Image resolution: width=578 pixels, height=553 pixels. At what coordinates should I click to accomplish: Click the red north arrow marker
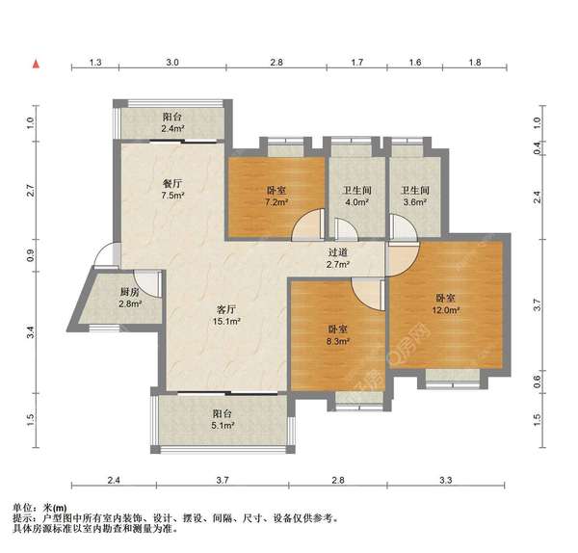click(36, 65)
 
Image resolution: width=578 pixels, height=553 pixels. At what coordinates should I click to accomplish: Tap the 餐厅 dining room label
click(172, 184)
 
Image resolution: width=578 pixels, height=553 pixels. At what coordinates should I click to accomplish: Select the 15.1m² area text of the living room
click(226, 322)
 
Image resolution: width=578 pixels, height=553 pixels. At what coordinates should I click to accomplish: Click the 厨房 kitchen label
click(130, 292)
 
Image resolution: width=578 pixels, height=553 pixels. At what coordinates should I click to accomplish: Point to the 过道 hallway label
click(338, 252)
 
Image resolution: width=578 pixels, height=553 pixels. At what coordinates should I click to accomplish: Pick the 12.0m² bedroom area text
click(446, 310)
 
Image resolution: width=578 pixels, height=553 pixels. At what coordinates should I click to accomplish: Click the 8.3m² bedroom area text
click(338, 341)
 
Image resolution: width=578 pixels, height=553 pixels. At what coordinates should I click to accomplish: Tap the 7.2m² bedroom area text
click(276, 202)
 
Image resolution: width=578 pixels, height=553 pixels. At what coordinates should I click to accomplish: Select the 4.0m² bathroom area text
click(356, 202)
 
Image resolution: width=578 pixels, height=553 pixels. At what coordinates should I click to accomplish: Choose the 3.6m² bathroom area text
click(415, 202)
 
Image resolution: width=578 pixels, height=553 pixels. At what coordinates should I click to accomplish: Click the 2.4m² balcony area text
click(172, 129)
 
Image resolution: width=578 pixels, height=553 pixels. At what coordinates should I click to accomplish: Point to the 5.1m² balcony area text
click(223, 426)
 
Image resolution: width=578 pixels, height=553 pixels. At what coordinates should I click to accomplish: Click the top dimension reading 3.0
click(172, 63)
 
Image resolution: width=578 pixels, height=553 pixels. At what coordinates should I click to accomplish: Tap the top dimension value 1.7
click(356, 63)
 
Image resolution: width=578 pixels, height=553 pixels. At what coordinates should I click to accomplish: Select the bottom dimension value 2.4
click(114, 481)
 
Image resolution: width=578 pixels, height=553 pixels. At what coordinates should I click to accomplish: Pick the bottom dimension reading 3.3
click(446, 481)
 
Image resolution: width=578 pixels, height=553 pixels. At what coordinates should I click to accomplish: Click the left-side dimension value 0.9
click(30, 255)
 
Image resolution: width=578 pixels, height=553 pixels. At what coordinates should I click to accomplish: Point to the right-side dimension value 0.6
click(537, 382)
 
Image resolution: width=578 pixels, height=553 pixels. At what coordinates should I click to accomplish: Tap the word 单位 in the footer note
click(22, 508)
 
